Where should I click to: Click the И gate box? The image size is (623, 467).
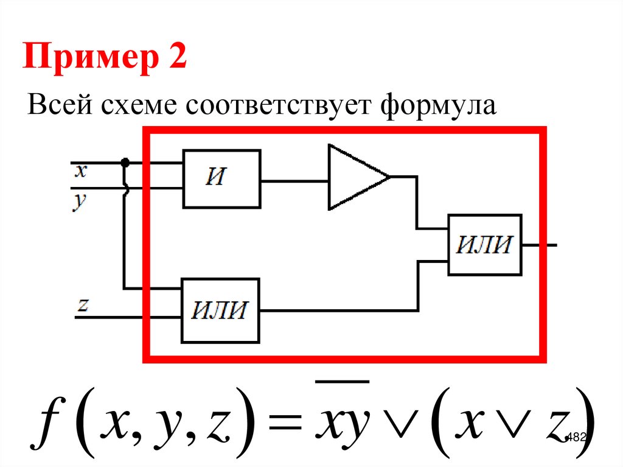pos(221,179)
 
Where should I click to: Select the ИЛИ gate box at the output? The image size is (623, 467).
pos(484,245)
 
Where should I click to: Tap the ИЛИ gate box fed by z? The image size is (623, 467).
pos(220,311)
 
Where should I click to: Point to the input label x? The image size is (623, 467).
pos(81,171)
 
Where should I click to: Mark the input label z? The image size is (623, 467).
pos(83,304)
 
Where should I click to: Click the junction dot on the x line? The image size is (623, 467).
pos(125,163)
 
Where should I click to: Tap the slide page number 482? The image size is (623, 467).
pos(575,437)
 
